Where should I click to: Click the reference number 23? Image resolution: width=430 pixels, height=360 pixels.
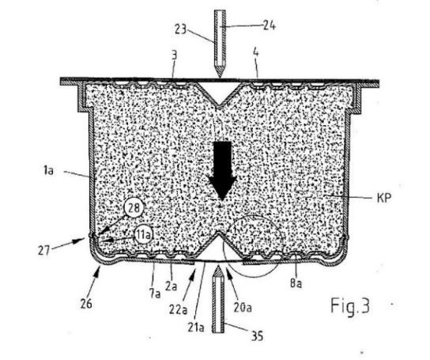point(180,29)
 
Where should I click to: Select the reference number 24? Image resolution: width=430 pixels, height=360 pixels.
point(270,26)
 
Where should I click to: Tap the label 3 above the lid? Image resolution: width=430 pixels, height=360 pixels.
point(175,56)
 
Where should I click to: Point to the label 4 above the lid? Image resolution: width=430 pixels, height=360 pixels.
point(255,52)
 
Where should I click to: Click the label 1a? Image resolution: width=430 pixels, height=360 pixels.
point(48,171)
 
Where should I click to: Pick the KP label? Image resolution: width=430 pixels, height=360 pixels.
point(384,198)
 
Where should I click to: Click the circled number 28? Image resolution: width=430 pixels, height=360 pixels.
point(134,208)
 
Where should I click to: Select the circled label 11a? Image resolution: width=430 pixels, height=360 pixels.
point(144,235)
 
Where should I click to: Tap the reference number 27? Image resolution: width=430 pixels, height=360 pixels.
point(43,251)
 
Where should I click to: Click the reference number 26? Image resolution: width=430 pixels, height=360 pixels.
point(86,304)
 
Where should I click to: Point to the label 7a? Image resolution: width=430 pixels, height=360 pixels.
point(155,294)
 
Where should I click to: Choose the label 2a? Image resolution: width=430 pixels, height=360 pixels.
point(172,286)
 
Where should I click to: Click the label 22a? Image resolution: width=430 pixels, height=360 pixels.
point(179,310)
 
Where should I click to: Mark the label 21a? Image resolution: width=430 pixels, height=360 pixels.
point(196,328)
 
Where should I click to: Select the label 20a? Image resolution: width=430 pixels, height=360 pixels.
point(243,308)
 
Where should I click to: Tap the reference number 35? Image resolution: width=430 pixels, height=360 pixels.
point(257,335)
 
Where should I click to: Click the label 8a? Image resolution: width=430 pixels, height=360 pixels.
point(296,284)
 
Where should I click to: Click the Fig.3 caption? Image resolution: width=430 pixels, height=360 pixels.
point(350,305)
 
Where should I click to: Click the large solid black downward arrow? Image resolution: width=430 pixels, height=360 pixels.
point(222,170)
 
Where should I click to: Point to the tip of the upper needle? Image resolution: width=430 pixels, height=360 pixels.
point(220,78)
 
